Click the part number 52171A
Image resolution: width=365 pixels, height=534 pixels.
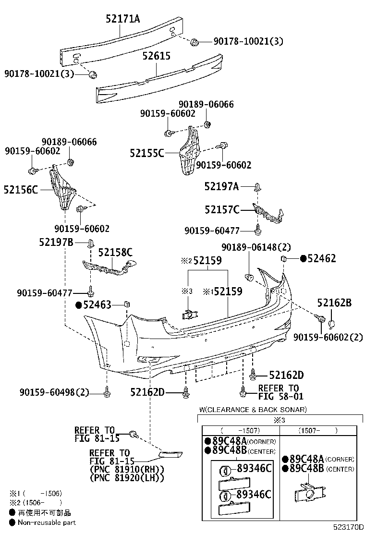point(123,19)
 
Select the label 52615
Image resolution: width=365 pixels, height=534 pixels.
point(156,56)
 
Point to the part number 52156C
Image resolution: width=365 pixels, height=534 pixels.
point(21,190)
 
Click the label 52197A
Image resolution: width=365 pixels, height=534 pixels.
point(221,186)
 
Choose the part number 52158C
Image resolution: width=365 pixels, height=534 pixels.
point(115,252)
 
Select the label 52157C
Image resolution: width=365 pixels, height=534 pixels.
point(222,209)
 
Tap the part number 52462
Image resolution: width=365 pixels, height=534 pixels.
point(321,259)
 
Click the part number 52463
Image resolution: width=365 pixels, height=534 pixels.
point(97,305)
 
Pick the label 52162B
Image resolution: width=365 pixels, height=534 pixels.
point(334,303)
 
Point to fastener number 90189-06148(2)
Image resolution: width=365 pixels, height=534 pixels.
point(256,247)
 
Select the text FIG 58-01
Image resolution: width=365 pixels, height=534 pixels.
point(278,397)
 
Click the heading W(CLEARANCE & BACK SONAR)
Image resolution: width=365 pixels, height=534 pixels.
point(253,410)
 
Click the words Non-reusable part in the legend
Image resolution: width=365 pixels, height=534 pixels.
point(47,522)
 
